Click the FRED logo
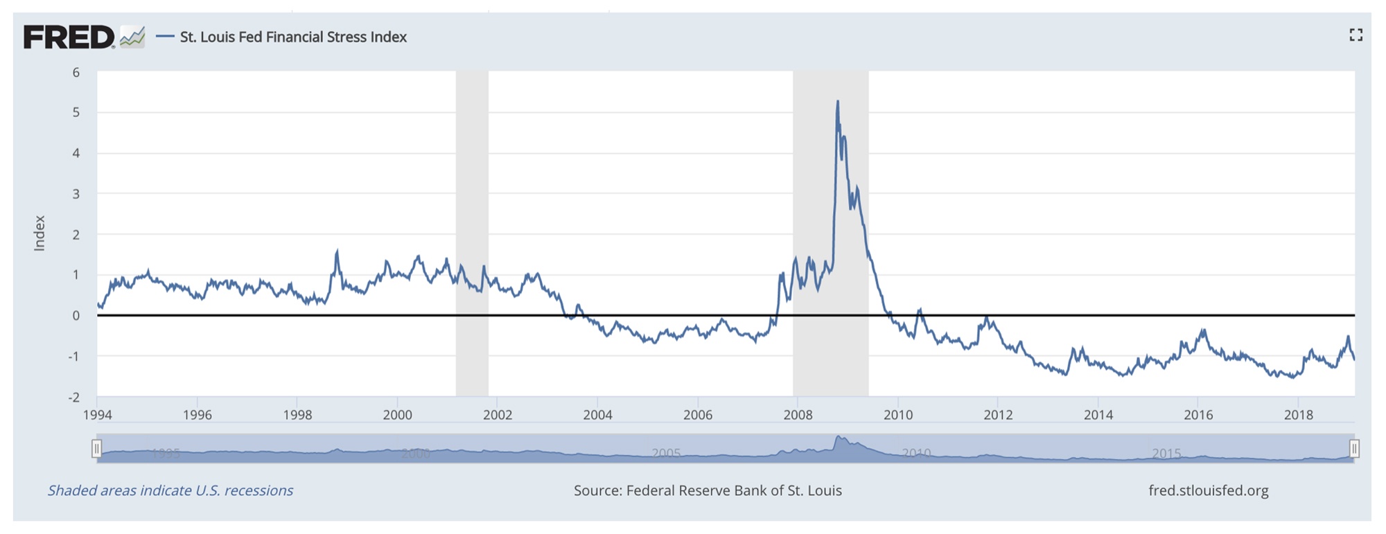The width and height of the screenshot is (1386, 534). click(x=69, y=37)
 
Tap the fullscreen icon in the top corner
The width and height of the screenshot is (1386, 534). click(x=1356, y=35)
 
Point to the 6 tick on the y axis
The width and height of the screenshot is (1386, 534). click(x=76, y=73)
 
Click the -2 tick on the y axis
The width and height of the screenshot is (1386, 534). click(x=73, y=398)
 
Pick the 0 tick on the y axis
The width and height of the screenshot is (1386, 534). click(x=76, y=316)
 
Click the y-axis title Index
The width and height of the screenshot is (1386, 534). click(x=40, y=233)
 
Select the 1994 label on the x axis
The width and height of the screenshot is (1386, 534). click(x=98, y=415)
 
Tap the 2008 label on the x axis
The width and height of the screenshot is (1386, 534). click(x=798, y=415)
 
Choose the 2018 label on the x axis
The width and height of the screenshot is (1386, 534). click(x=1298, y=415)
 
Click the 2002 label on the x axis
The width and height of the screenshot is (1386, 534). click(x=498, y=415)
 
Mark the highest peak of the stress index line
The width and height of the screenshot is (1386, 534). click(x=838, y=102)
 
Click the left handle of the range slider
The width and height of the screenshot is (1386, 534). click(x=97, y=449)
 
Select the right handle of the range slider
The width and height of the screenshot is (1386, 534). click(x=1354, y=449)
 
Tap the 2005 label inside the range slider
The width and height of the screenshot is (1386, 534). click(x=666, y=454)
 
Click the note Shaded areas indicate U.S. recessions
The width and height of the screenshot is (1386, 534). click(x=170, y=491)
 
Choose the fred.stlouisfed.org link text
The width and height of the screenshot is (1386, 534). click(x=1208, y=491)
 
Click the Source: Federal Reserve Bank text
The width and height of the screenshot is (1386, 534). click(x=708, y=491)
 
